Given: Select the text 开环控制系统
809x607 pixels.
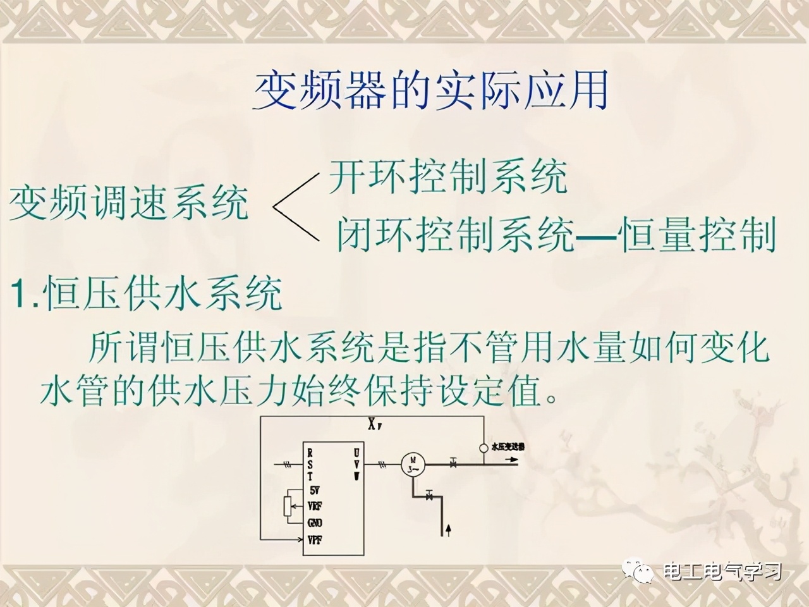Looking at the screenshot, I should (x=447, y=176).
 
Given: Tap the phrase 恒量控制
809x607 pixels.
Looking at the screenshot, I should (x=697, y=236).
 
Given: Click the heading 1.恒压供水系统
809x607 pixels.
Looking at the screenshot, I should (x=147, y=294).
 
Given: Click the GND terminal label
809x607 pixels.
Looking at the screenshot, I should (x=315, y=523).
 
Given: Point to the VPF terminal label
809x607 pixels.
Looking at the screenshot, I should (x=315, y=540).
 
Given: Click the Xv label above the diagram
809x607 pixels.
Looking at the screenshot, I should (x=375, y=426).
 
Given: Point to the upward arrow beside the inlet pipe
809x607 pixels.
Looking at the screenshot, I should (x=449, y=547).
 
